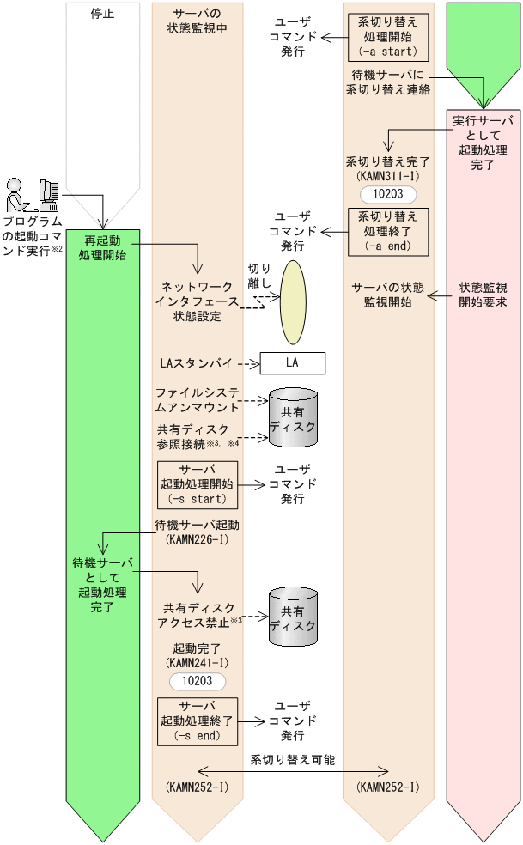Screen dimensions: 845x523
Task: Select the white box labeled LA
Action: click(x=292, y=363)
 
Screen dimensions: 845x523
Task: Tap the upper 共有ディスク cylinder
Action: click(x=292, y=416)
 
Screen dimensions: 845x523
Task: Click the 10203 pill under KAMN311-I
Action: click(x=388, y=194)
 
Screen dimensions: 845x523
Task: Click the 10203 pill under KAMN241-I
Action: click(x=198, y=681)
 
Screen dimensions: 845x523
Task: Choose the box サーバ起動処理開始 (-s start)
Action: click(x=198, y=483)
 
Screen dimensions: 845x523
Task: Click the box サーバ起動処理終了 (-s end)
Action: click(x=198, y=720)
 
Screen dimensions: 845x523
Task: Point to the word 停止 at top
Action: click(x=101, y=14)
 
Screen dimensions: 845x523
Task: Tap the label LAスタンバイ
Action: click(x=198, y=363)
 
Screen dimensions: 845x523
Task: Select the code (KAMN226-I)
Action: click(x=198, y=538)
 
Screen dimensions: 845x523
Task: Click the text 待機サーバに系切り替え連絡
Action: click(x=387, y=82)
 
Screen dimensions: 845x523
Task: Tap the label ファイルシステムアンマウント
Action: click(x=198, y=400)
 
